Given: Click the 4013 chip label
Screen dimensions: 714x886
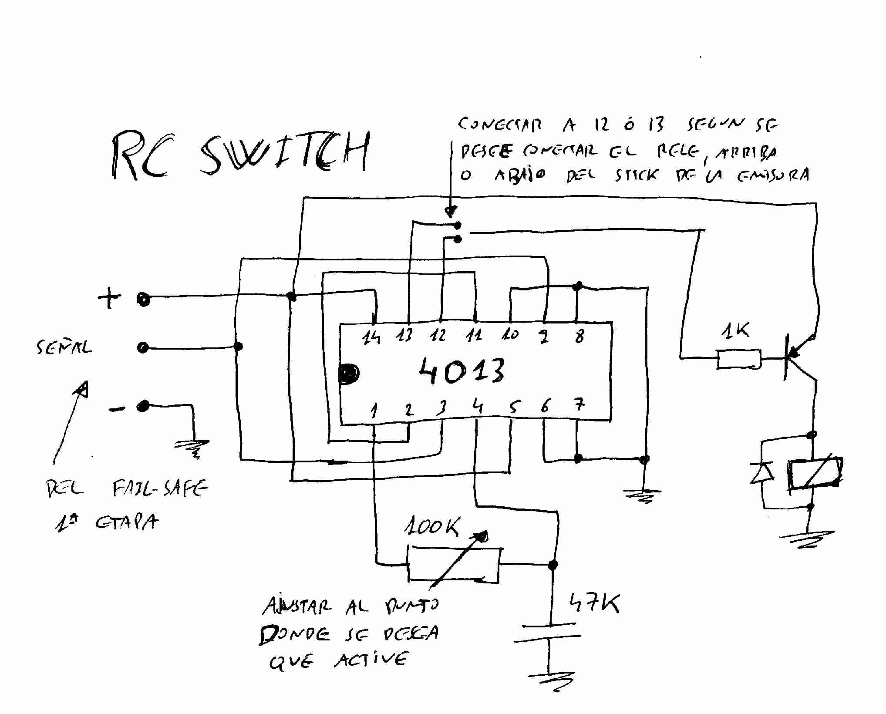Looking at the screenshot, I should (462, 371).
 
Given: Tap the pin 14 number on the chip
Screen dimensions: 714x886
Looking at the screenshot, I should (371, 337).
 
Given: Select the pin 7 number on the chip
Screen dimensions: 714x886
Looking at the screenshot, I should (579, 406).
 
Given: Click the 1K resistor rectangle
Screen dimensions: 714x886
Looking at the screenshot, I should (739, 359).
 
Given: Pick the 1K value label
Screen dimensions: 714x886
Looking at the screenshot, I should (735, 332).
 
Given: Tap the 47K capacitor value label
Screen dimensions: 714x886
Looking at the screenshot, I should (594, 604).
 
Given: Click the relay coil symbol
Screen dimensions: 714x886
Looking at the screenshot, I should (815, 474).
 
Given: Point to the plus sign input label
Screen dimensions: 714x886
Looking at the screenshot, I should (109, 299).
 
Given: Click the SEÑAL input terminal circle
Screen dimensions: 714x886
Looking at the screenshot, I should (143, 348).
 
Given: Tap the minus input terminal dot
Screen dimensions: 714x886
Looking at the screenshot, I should (142, 407).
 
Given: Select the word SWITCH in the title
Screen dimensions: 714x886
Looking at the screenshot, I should (285, 153).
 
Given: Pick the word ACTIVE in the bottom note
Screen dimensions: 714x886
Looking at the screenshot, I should (371, 660).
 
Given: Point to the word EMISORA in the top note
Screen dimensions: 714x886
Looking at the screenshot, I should (773, 175).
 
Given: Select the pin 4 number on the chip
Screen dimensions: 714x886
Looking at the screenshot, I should (478, 407).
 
